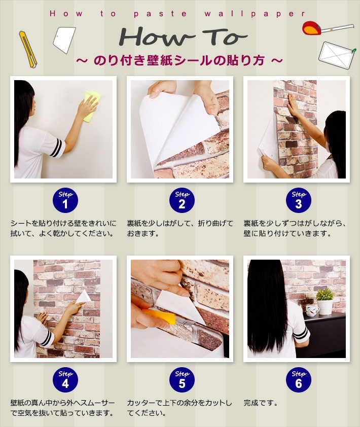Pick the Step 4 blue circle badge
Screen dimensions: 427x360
point(65,380)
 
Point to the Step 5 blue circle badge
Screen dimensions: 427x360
point(182,380)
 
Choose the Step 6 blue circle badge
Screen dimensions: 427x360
point(298,380)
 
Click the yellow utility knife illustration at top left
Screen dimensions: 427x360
point(28,49)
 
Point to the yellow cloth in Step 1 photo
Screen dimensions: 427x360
point(91,105)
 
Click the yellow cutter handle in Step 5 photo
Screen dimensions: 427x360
point(161,315)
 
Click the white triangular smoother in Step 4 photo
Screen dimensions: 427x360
point(83,296)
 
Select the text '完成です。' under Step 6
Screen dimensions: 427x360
point(261,404)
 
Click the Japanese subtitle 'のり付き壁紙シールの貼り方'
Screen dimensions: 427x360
point(179,60)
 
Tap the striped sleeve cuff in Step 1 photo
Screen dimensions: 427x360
point(56,148)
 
